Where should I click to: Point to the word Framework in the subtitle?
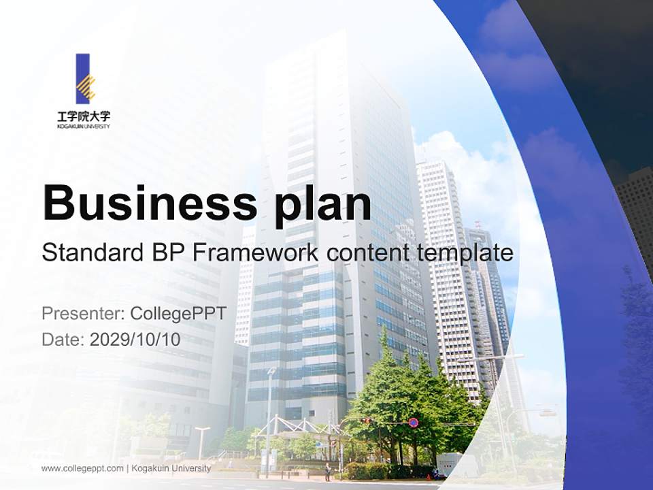point(255,253)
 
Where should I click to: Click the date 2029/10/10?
point(135,340)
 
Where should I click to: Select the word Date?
point(63,340)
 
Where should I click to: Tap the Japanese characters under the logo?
point(84,116)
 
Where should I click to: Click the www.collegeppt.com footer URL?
point(82,468)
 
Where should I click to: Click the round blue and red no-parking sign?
point(413,423)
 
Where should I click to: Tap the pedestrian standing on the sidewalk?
point(327,472)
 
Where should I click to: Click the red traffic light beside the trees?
point(367,421)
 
